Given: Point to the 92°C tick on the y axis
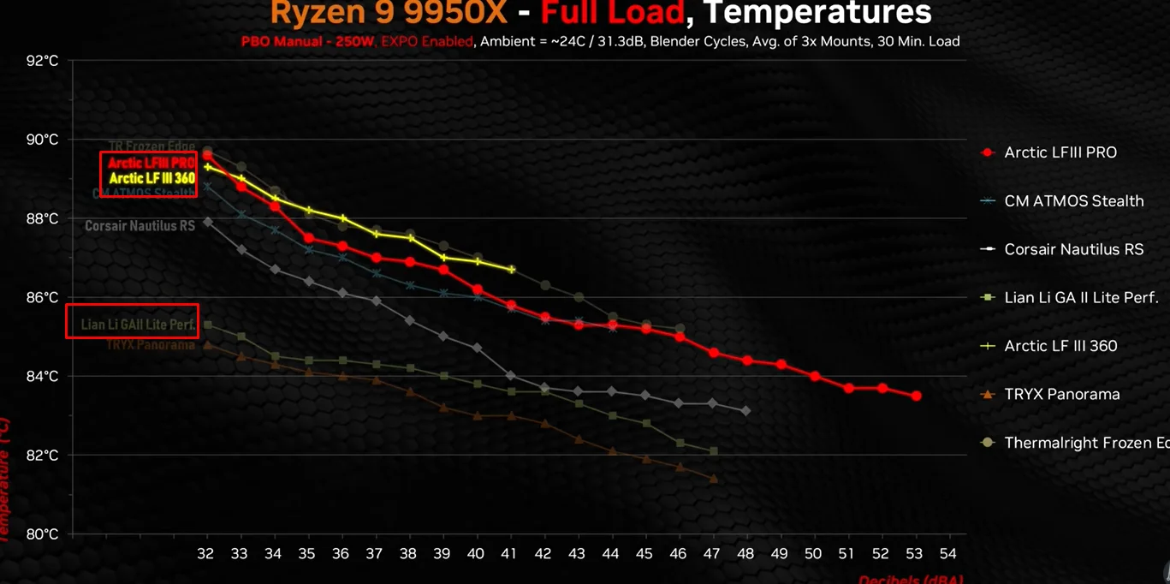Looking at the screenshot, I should coord(42,61).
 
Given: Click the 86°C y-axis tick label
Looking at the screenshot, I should coord(42,297).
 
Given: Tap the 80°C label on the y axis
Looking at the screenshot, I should coord(42,533).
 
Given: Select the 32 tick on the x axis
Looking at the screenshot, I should coord(206,554).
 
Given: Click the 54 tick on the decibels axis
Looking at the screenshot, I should coord(947,554).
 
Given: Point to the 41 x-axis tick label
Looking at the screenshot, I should coord(509,554).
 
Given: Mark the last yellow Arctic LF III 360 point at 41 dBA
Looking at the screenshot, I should coord(512,270).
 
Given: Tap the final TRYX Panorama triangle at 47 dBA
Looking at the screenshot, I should coord(714,479).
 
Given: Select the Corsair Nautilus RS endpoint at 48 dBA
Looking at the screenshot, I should coord(746,411).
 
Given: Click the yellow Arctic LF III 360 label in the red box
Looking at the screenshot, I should coord(152,178).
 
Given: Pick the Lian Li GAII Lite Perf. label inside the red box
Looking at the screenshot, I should coord(138,325).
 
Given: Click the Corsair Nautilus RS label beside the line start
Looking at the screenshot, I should coord(140,227).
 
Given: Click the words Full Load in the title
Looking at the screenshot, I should coord(612,13).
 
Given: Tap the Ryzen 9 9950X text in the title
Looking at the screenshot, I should coord(389,13).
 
